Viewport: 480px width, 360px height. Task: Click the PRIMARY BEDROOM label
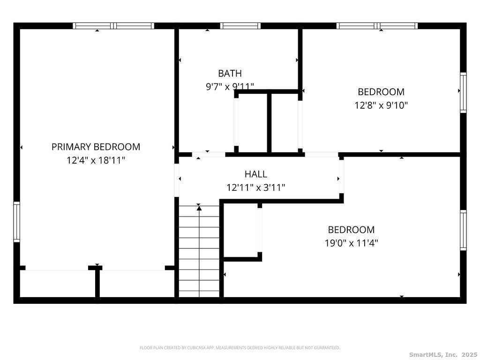pos(96,147)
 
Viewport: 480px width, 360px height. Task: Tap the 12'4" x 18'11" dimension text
pos(96,160)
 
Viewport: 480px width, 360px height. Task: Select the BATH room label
pos(230,74)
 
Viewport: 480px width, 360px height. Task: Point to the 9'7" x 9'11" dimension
pos(230,87)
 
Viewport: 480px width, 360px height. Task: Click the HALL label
pos(256,174)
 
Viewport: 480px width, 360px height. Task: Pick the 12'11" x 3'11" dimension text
pos(256,187)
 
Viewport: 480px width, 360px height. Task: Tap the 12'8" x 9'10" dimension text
pos(381,105)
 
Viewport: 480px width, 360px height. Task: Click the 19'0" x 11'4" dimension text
pos(352,243)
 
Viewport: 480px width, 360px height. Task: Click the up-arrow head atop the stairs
pos(199,208)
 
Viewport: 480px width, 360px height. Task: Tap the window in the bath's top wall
pos(240,26)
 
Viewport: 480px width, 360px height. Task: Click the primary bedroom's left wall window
pos(16,222)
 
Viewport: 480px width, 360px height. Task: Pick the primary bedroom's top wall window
pos(113,26)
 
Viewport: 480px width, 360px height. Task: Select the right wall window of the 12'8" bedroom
pos(463,93)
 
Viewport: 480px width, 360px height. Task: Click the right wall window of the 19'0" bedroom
pos(463,230)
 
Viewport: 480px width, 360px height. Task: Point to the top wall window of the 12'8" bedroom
pos(377,26)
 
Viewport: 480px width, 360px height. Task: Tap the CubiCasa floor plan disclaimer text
pos(240,348)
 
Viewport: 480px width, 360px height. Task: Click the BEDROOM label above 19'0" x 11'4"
pos(352,230)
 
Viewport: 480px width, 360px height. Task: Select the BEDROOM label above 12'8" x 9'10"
pos(381,92)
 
